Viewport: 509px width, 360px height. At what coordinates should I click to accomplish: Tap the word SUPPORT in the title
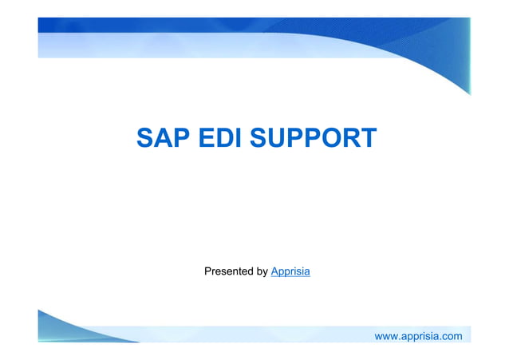pyautogui.click(x=313, y=137)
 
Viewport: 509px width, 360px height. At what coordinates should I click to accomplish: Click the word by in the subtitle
pyautogui.click(x=262, y=272)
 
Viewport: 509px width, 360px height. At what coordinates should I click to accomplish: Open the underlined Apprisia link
pyautogui.click(x=290, y=272)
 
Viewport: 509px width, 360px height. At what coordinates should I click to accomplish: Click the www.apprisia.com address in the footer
pyautogui.click(x=418, y=336)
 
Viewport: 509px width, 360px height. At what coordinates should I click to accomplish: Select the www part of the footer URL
pyautogui.click(x=386, y=336)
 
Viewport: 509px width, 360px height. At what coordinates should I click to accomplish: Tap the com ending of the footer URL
pyautogui.click(x=452, y=336)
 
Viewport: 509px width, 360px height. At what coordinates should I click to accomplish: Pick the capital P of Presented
pyautogui.click(x=208, y=272)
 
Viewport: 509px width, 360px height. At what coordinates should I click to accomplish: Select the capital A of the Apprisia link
pyautogui.click(x=274, y=272)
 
